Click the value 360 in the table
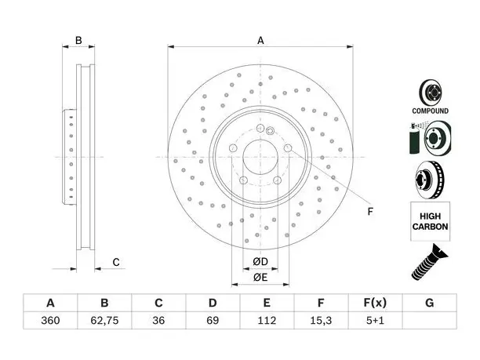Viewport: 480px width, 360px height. point(50,321)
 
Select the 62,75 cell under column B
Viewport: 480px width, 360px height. point(104,321)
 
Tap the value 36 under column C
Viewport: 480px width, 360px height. point(158,321)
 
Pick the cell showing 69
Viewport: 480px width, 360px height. point(213,321)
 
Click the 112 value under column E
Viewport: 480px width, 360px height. point(267,321)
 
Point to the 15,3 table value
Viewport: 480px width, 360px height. point(321,321)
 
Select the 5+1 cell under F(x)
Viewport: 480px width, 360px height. point(375,321)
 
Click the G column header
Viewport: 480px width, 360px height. point(430,303)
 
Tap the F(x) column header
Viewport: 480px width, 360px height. point(375,303)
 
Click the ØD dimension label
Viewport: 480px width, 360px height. point(260,262)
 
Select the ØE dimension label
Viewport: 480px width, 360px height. point(260,278)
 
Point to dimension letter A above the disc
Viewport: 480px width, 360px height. point(260,41)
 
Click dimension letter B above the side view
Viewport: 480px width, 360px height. point(78,41)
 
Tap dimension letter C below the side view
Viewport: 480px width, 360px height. point(116,262)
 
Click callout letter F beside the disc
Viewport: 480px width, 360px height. point(370,212)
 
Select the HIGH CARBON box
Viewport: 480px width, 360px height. point(430,221)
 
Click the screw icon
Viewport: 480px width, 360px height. point(429,262)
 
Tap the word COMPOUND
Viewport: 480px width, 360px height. point(430,111)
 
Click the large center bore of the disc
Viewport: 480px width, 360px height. point(260,157)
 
